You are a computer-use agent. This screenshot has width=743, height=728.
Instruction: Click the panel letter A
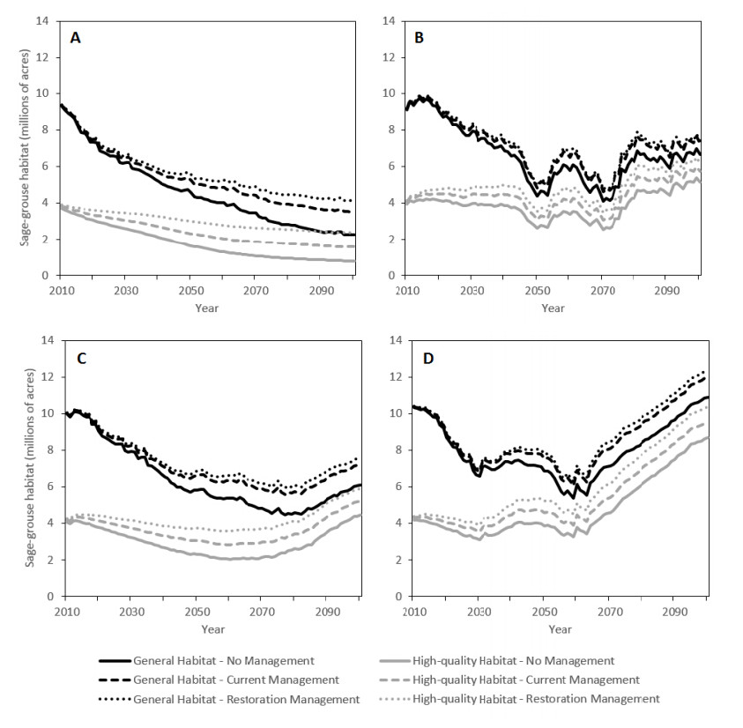[78, 37]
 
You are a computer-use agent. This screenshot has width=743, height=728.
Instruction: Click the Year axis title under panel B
[553, 308]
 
